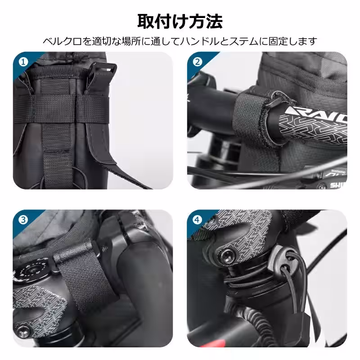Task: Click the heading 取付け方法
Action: point(180,21)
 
